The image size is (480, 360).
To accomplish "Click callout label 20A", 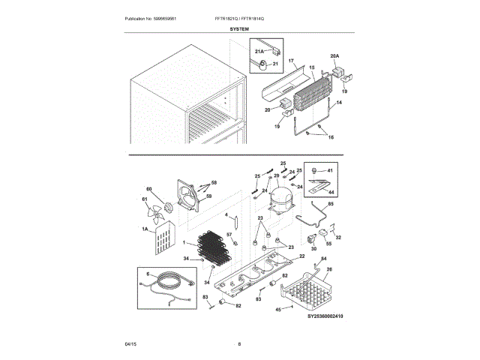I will click(335, 56).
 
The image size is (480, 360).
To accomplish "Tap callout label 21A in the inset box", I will click(259, 51).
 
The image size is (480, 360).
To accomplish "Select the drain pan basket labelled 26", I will click(307, 289).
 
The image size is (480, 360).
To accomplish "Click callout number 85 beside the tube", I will click(331, 203).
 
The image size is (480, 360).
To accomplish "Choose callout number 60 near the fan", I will click(148, 189).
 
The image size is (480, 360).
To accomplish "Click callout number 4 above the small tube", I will click(226, 214).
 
